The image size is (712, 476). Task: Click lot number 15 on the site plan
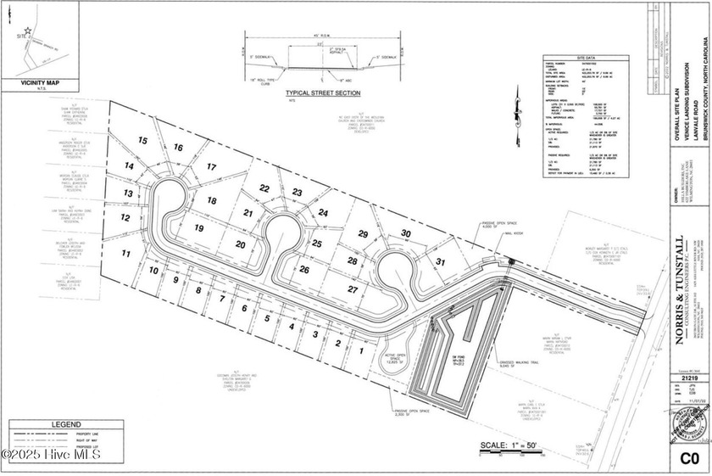[144, 140]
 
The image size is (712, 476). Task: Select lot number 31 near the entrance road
[439, 262]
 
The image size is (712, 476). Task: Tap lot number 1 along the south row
[360, 350]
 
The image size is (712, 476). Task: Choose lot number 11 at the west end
[125, 253]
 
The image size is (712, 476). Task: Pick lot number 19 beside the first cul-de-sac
[197, 227]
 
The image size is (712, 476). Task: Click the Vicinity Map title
[41, 85]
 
